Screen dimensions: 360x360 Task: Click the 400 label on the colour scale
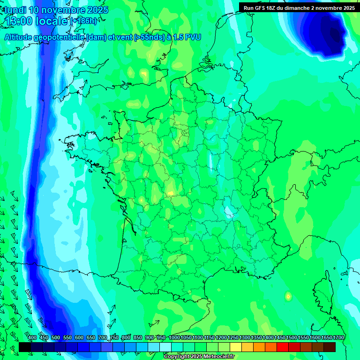point(32,337)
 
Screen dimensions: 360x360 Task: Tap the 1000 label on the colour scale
point(174,337)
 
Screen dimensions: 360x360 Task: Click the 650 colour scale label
point(91,337)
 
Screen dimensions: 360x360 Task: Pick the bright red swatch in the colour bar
point(283,347)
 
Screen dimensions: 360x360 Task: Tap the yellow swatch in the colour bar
point(236,347)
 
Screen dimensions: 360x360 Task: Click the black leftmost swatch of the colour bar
point(25,347)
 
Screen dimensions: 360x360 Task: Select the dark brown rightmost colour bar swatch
point(330,347)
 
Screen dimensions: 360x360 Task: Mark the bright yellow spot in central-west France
point(170,193)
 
